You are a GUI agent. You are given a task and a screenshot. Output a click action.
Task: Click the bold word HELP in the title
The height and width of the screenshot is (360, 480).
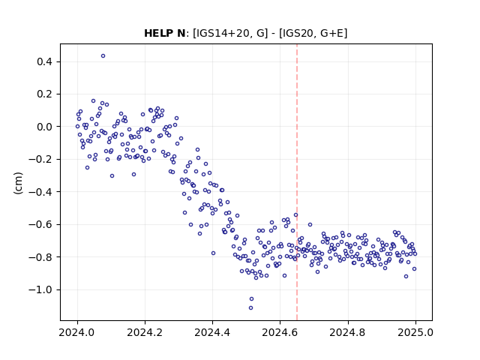pos(159,33)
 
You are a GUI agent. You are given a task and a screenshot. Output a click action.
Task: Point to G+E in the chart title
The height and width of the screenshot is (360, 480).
pos(331,33)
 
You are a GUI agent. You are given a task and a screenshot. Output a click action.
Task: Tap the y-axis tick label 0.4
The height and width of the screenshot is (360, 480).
pos(44,61)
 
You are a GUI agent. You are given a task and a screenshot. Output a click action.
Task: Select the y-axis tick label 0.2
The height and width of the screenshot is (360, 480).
pos(44,94)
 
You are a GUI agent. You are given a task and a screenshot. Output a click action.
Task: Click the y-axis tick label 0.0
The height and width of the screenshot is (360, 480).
pos(44,127)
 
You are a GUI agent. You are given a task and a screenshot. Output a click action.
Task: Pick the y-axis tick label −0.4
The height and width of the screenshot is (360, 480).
pos(40,192)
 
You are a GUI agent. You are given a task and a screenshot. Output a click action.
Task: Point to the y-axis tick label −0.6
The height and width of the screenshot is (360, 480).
pos(40,224)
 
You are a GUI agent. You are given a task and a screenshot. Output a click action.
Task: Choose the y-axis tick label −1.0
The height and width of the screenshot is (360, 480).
pos(40,289)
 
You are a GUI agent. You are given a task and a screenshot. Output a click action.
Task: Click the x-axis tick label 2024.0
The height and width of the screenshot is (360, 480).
pos(77,332)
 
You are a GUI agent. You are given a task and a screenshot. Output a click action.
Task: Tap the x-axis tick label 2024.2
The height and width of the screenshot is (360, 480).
pos(145,332)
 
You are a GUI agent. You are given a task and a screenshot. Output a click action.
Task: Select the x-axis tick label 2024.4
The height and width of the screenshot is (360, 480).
pos(212,332)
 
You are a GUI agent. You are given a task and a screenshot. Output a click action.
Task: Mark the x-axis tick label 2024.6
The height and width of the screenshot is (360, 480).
pos(280,332)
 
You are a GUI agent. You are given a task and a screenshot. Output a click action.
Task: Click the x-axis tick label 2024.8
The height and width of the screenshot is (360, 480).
pos(348,332)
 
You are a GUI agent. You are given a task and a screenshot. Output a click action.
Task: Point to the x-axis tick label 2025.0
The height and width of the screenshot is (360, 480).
pos(415,332)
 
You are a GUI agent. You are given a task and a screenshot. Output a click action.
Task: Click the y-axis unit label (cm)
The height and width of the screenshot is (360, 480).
pos(18,183)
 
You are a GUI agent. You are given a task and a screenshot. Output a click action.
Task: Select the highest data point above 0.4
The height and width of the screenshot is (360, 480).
pos(103,56)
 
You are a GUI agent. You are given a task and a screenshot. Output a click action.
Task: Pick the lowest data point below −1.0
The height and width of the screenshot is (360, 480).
pos(250,308)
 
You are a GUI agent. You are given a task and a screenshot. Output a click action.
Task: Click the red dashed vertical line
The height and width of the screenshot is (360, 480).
pos(297,182)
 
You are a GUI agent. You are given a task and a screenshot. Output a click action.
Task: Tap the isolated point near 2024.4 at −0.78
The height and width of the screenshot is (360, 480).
pos(213,253)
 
